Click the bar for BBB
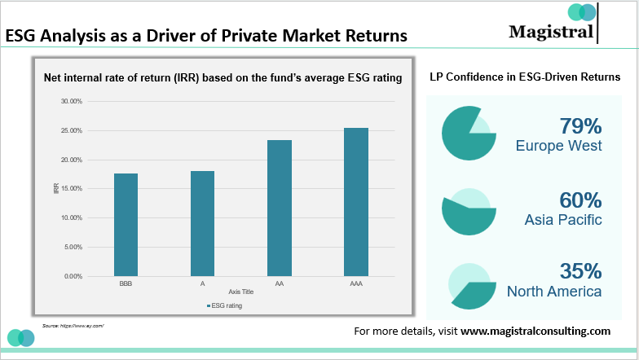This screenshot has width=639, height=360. [x=126, y=224]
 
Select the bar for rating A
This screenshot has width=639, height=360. [x=202, y=223]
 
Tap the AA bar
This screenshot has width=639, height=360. [x=280, y=208]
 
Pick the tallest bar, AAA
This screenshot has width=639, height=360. [x=356, y=201]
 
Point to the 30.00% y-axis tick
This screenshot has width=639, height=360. [x=71, y=101]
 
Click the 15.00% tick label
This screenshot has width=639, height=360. [x=71, y=189]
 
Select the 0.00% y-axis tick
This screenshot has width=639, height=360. [x=73, y=276]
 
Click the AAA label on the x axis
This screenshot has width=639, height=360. [x=356, y=284]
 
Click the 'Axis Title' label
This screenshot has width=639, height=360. [x=241, y=292]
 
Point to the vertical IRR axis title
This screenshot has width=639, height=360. [x=56, y=189]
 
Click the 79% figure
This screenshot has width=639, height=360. [x=580, y=126]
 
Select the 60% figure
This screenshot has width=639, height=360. [x=580, y=200]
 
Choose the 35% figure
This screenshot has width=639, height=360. [x=580, y=271]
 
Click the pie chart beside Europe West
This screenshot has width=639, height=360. [x=469, y=133]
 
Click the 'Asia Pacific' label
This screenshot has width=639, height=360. [x=564, y=220]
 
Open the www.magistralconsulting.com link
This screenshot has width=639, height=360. [x=535, y=331]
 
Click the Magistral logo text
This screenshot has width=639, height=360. [x=550, y=32]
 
